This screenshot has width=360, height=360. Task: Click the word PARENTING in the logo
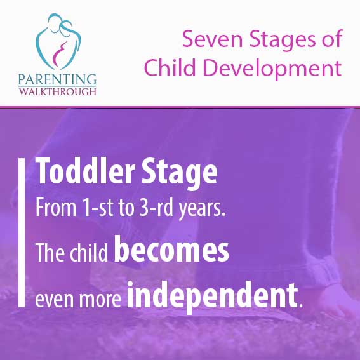57,79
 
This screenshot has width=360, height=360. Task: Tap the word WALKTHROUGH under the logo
57,91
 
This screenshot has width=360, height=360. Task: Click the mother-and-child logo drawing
58,41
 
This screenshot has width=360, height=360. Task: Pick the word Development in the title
272,69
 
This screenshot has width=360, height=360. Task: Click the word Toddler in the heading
85,171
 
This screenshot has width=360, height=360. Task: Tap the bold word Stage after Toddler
179,173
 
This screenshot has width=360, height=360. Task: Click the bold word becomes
171,249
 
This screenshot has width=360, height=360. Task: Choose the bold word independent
212,296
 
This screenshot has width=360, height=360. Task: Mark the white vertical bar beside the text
22,232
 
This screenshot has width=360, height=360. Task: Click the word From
56,208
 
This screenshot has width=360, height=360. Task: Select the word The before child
50,253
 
